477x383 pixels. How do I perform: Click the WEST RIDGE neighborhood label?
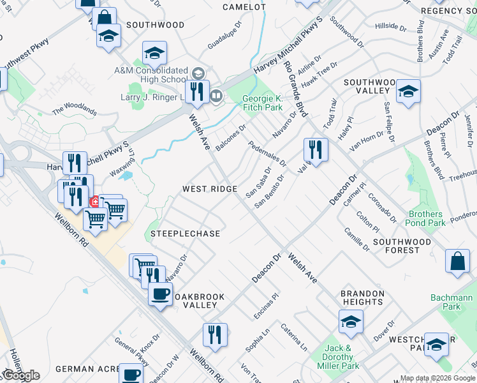click(x=210, y=189)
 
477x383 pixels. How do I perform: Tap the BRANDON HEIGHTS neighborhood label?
click(x=362, y=298)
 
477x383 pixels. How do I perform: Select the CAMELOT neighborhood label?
click(x=244, y=7)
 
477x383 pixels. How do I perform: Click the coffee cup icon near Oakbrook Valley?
click(x=159, y=294)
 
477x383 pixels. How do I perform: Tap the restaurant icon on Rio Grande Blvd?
click(x=316, y=149)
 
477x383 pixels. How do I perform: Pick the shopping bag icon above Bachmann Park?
click(x=457, y=261)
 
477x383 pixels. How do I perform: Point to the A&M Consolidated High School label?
click(x=150, y=75)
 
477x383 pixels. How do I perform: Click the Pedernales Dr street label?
click(x=267, y=154)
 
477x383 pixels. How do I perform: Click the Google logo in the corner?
click(x=20, y=375)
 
